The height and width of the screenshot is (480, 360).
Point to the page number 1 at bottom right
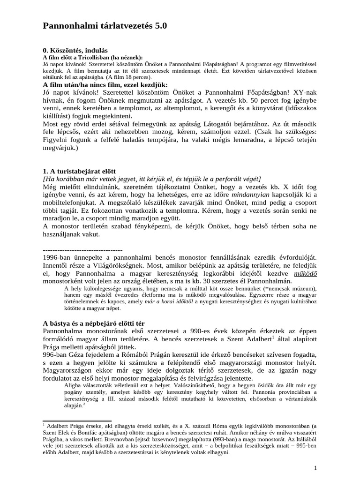pos(315,468)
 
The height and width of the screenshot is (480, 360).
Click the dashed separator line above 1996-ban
pos(82,249)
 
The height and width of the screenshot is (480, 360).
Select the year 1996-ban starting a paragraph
pos(57,258)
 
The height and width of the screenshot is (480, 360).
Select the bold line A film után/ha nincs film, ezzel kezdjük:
pos(112,85)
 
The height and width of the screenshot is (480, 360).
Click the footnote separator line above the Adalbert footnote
pos(77,421)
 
